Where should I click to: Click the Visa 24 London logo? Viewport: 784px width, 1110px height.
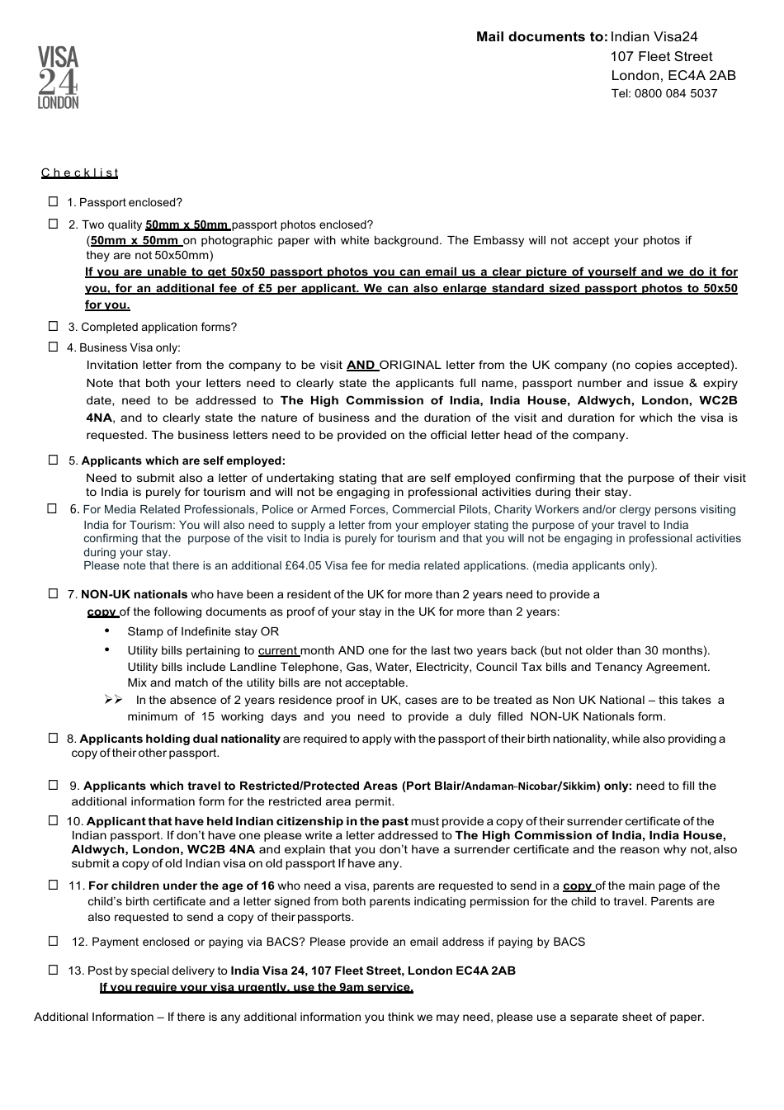[58, 78]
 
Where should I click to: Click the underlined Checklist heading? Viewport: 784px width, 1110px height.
[80, 173]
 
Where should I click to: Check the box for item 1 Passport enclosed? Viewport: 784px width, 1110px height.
[54, 201]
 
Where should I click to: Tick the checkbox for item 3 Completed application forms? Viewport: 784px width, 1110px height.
[54, 326]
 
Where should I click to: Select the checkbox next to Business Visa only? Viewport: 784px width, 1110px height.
[54, 347]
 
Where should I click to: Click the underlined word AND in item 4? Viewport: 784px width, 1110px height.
[361, 365]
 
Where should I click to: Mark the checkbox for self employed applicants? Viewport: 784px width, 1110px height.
[54, 460]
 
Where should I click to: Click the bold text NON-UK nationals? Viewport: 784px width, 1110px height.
[134, 594]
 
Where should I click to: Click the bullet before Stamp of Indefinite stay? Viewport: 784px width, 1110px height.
[107, 631]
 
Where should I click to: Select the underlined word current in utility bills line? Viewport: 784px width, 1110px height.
[277, 650]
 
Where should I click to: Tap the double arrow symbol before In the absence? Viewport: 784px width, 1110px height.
[113, 700]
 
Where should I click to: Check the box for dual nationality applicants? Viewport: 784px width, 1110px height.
[54, 738]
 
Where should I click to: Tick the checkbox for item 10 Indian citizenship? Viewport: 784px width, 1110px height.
[54, 820]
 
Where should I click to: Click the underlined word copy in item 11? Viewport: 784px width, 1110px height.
[577, 886]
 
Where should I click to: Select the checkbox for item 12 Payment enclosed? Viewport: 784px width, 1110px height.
[54, 941]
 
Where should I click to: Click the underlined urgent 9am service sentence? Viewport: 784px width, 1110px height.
[256, 987]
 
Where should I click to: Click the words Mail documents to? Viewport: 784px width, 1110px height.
[541, 36]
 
